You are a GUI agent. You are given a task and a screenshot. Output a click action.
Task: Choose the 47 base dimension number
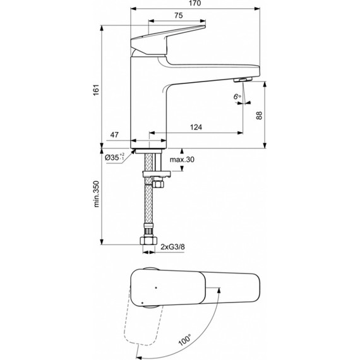tap(115, 135)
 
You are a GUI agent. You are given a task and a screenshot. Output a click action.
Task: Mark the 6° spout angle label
tap(237, 97)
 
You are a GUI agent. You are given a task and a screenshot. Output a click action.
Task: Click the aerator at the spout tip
tap(241, 80)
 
